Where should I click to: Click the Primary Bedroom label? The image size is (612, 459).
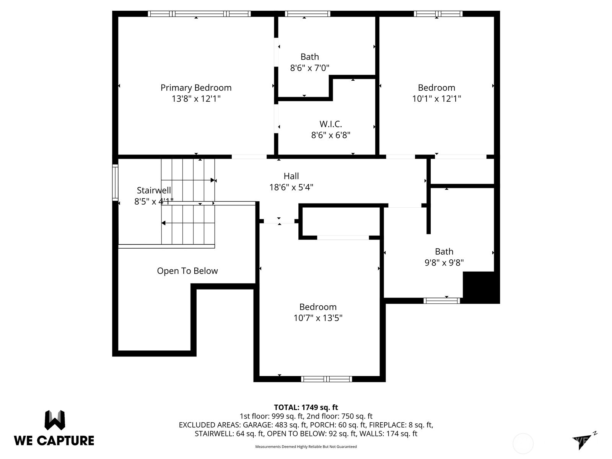(196, 88)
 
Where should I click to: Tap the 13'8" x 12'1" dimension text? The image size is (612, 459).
(196, 99)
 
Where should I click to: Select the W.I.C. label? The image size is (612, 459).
(330, 124)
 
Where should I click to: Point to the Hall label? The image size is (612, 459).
(291, 176)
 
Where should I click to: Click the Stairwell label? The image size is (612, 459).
(154, 190)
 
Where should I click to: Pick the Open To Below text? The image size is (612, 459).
(187, 271)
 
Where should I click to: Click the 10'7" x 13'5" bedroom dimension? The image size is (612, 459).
(318, 318)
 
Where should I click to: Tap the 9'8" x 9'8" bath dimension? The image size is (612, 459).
(444, 262)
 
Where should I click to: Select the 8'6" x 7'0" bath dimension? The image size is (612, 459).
(309, 68)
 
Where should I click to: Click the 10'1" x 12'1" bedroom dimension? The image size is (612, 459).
(436, 99)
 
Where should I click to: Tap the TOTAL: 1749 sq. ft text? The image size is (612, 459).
(306, 407)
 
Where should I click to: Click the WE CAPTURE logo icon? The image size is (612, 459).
(55, 420)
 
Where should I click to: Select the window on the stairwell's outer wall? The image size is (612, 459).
(115, 182)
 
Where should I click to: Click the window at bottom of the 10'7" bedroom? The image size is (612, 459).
(326, 379)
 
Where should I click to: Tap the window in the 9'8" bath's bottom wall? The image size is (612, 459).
(442, 301)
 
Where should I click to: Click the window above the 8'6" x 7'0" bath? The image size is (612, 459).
(308, 14)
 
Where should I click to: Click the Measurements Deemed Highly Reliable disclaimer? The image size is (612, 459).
(306, 447)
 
